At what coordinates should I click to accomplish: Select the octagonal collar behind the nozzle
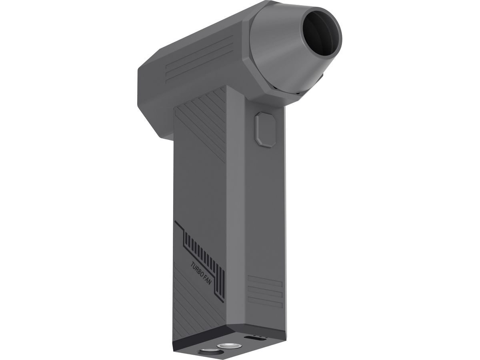click(x=260, y=80)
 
